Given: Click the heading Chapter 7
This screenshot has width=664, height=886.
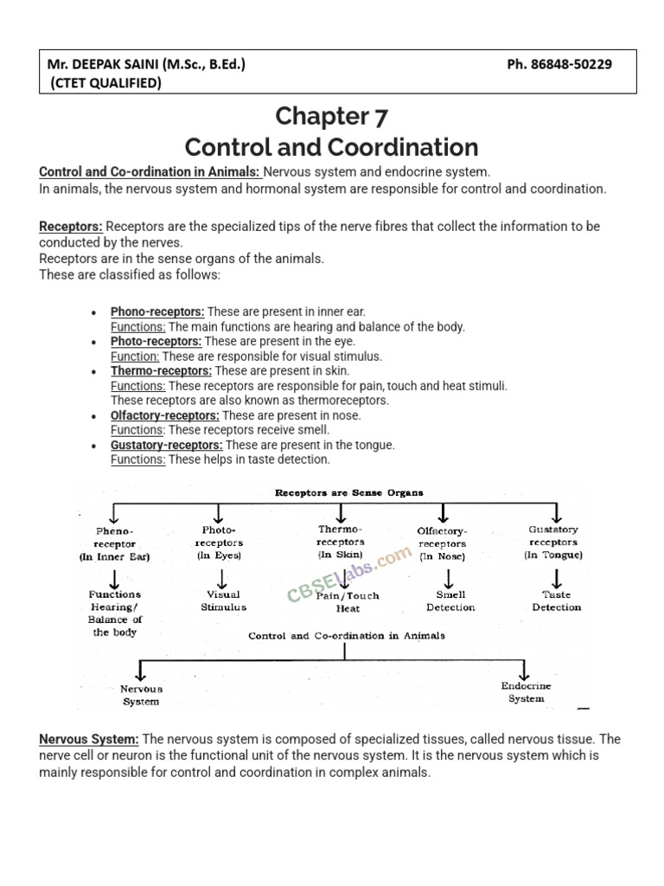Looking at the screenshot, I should [332, 115].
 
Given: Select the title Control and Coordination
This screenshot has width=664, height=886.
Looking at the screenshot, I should [332, 145].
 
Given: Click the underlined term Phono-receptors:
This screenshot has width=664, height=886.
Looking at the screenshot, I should [157, 311].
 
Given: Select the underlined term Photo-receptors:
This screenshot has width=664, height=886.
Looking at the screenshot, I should [156, 341].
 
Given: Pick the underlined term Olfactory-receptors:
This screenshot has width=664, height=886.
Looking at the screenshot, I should [164, 415].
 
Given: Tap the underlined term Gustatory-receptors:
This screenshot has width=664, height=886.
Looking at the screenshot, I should [166, 445].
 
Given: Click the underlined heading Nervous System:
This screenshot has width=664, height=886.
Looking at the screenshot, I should [89, 739].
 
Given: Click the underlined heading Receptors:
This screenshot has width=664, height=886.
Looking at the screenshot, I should [71, 227].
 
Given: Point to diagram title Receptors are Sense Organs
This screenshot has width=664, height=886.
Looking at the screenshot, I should [348, 492].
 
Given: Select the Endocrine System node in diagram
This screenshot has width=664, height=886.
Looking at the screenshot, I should [526, 692].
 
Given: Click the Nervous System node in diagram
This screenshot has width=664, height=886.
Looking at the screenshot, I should [141, 696].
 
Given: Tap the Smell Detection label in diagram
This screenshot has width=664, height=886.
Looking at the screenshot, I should [450, 600].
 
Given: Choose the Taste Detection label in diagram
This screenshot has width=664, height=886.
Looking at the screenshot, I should [556, 600].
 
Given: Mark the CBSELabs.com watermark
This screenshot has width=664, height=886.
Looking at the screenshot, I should [349, 575].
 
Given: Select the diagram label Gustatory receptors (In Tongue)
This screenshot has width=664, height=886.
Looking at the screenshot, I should [553, 542].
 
